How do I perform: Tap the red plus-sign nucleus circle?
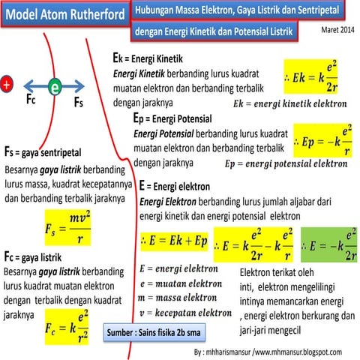click(7, 85)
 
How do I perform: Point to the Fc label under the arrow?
click(31, 100)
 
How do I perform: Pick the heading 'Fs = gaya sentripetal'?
click(43, 153)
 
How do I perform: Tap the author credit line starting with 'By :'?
click(267, 351)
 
